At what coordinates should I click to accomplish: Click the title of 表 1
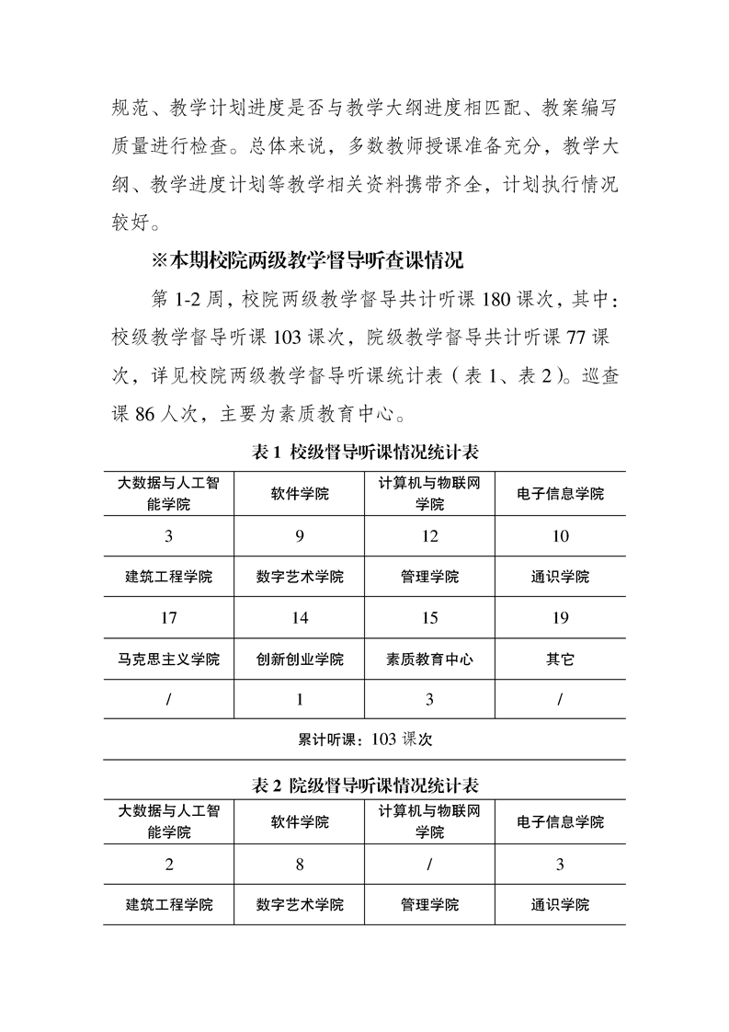pyautogui.click(x=364, y=453)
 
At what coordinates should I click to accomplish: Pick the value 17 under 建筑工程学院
pyautogui.click(x=168, y=618)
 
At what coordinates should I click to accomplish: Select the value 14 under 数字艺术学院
pyautogui.click(x=300, y=618)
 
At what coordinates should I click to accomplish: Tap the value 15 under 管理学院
pyautogui.click(x=429, y=618)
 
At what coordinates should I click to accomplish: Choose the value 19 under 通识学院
pyautogui.click(x=560, y=618)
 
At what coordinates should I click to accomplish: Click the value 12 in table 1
pyautogui.click(x=429, y=536)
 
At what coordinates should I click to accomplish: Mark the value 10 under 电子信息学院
pyautogui.click(x=560, y=536)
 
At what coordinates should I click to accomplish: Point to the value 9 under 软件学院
pyautogui.click(x=300, y=536)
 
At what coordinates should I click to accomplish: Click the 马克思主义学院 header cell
pyautogui.click(x=168, y=659)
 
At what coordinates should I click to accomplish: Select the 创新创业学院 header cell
pyautogui.click(x=300, y=659)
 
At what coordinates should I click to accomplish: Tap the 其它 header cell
pyautogui.click(x=560, y=659)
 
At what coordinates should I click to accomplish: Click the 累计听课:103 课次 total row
pyautogui.click(x=365, y=739)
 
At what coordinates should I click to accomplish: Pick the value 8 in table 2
pyautogui.click(x=300, y=865)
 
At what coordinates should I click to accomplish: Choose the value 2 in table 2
pyautogui.click(x=168, y=865)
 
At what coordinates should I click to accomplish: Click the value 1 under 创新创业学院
pyautogui.click(x=300, y=700)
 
